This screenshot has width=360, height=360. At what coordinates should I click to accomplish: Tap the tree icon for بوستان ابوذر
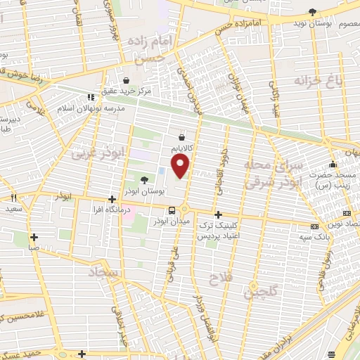[x=144, y=180]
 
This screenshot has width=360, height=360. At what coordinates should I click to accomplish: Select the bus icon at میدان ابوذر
[x=172, y=211]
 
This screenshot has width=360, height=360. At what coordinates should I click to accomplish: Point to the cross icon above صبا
[x=32, y=236]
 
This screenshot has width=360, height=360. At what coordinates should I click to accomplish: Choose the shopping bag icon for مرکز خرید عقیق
[x=126, y=80]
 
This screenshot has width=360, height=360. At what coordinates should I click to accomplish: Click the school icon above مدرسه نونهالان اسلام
[x=89, y=97]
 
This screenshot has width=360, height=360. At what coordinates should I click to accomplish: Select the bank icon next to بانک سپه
[x=313, y=226]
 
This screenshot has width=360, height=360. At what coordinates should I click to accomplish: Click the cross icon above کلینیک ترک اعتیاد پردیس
[x=218, y=214]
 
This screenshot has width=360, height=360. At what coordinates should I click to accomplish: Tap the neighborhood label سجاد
[x=105, y=271]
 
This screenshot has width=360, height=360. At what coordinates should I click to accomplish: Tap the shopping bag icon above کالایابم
[x=182, y=137]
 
